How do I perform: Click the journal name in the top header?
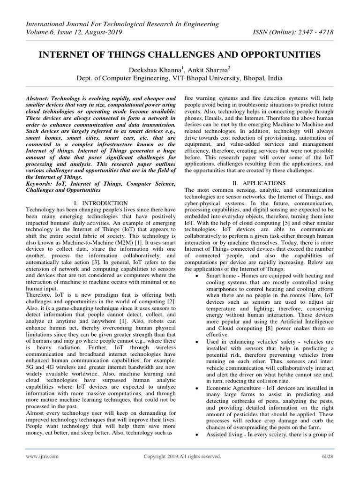[122, 24]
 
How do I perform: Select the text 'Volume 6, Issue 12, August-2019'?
[74, 33]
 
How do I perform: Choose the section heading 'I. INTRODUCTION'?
[101, 202]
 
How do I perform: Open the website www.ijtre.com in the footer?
[42, 456]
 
